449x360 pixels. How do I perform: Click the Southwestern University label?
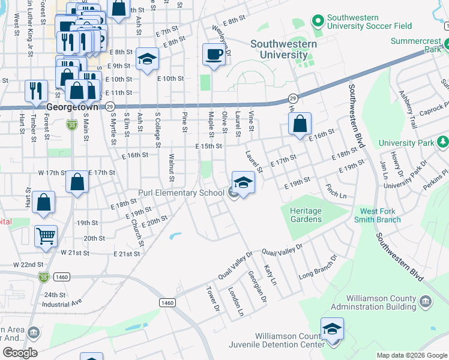(x=279, y=49)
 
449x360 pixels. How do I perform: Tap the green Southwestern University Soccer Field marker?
(x=317, y=22)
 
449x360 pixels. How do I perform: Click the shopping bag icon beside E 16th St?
(x=300, y=124)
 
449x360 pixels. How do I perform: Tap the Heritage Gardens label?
(x=306, y=215)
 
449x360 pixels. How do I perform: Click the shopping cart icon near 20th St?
(x=46, y=235)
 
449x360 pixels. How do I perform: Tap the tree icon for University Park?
(x=442, y=142)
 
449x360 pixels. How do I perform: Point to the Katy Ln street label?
(x=270, y=275)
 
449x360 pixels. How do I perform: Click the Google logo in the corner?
(x=20, y=352)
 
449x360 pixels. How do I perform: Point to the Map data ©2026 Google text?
(x=412, y=355)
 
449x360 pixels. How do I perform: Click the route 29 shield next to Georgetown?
(x=110, y=106)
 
